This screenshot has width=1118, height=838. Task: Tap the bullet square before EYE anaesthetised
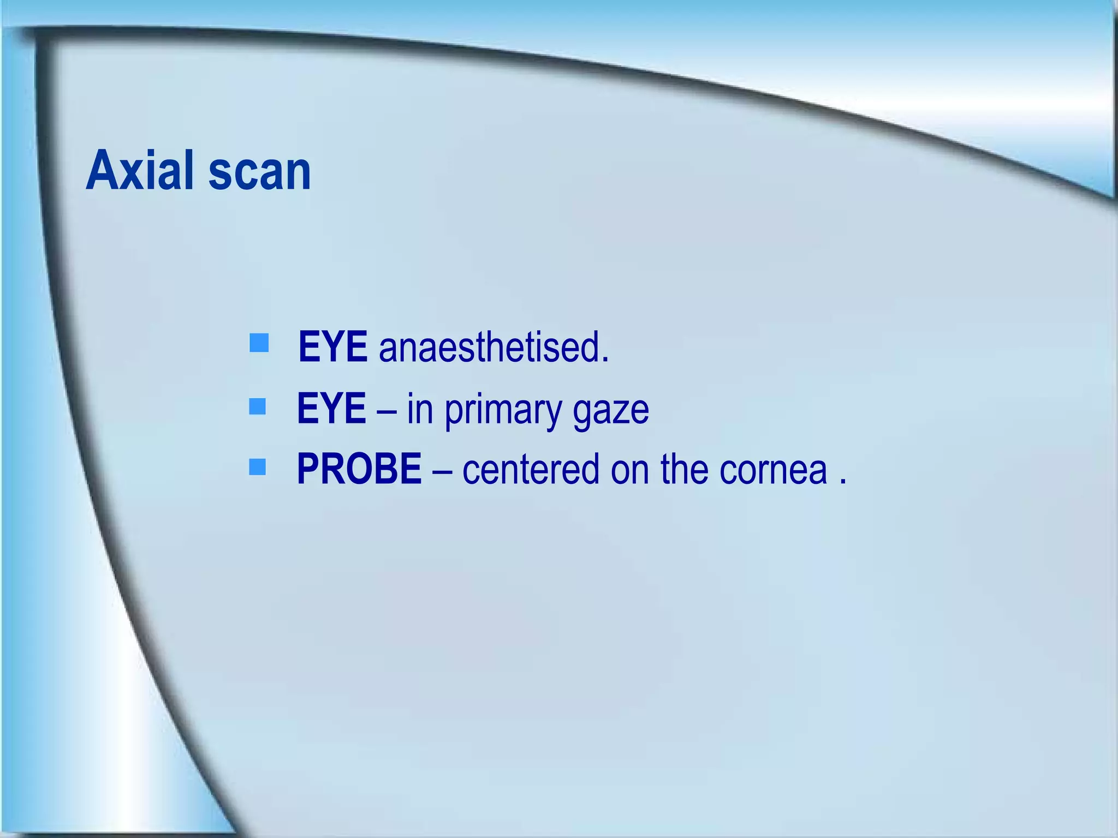tap(259, 343)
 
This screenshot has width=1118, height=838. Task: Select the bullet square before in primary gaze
tap(257, 406)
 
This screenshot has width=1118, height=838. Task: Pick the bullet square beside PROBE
tap(257, 467)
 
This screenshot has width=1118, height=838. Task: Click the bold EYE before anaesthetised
tap(332, 346)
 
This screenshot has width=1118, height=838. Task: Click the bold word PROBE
tap(359, 469)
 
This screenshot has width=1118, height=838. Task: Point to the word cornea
tap(773, 470)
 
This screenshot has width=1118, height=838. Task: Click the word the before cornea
tap(684, 469)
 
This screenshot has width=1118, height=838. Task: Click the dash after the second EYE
tap(386, 410)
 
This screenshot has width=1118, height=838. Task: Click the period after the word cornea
tap(843, 482)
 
